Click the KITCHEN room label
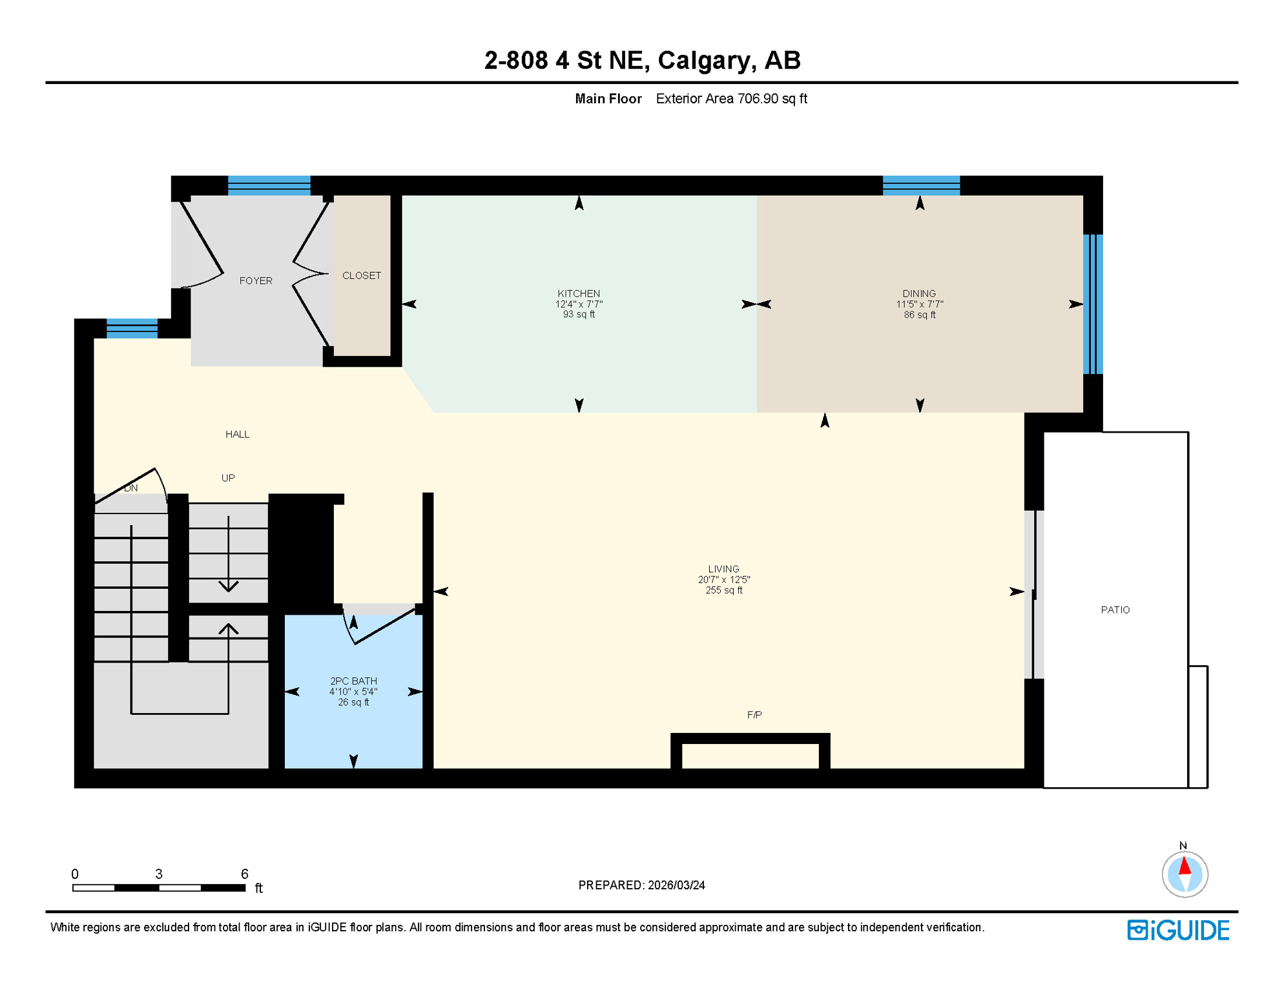click(x=579, y=294)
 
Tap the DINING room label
click(x=918, y=294)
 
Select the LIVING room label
click(x=723, y=569)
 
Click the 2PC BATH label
click(x=353, y=681)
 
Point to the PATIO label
click(x=1115, y=610)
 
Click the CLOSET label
click(x=361, y=276)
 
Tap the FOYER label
click(x=256, y=281)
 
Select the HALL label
click(x=237, y=434)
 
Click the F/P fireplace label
click(x=754, y=714)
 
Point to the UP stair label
click(x=228, y=478)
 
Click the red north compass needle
click(x=1185, y=865)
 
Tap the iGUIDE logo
click(x=1178, y=930)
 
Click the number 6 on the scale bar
click(x=244, y=874)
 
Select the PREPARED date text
click(x=641, y=885)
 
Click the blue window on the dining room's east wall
click(x=1092, y=304)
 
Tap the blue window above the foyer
click(x=269, y=185)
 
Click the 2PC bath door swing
click(x=381, y=625)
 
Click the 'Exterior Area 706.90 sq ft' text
click(x=731, y=99)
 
